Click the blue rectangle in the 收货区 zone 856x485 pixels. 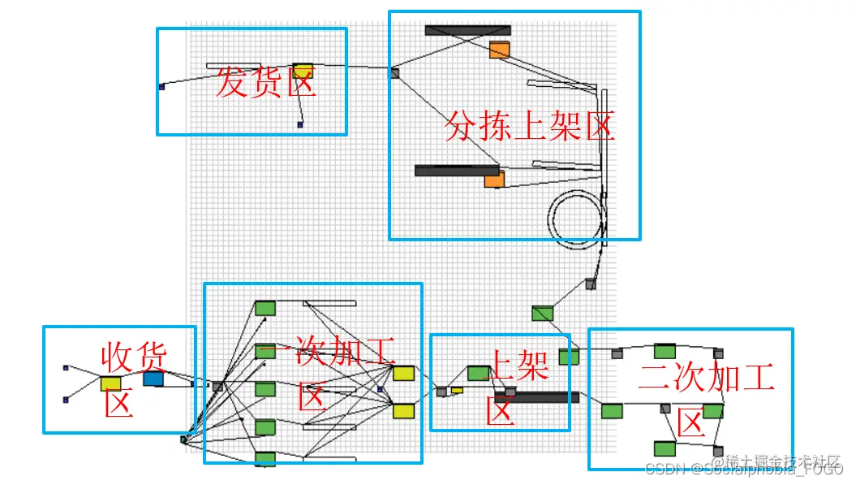click(153, 379)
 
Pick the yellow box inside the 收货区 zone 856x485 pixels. click(111, 383)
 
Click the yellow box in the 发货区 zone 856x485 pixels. click(303, 71)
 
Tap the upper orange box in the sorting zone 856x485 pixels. click(499, 50)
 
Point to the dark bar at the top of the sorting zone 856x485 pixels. click(467, 31)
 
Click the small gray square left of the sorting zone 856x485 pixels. click(394, 73)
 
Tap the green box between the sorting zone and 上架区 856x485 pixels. click(542, 313)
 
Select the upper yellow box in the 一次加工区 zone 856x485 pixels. click(403, 373)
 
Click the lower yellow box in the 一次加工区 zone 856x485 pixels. click(403, 411)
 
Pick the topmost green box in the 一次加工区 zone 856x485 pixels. click(265, 308)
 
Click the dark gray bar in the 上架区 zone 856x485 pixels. click(537, 397)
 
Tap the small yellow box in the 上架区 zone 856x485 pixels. click(457, 390)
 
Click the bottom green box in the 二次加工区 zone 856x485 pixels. click(665, 448)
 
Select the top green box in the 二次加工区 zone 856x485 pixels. click(665, 351)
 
